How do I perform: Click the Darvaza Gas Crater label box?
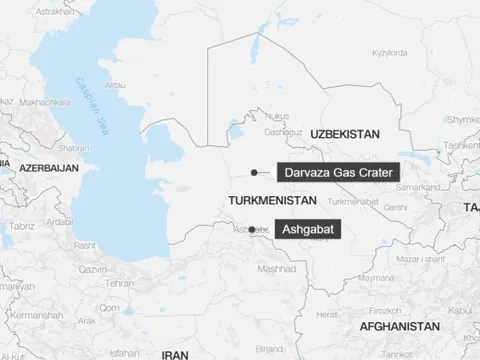338,172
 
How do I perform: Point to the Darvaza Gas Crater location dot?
255,172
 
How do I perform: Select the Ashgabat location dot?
251,229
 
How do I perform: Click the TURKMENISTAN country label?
266,200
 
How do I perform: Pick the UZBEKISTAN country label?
349,133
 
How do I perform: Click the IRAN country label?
175,353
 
